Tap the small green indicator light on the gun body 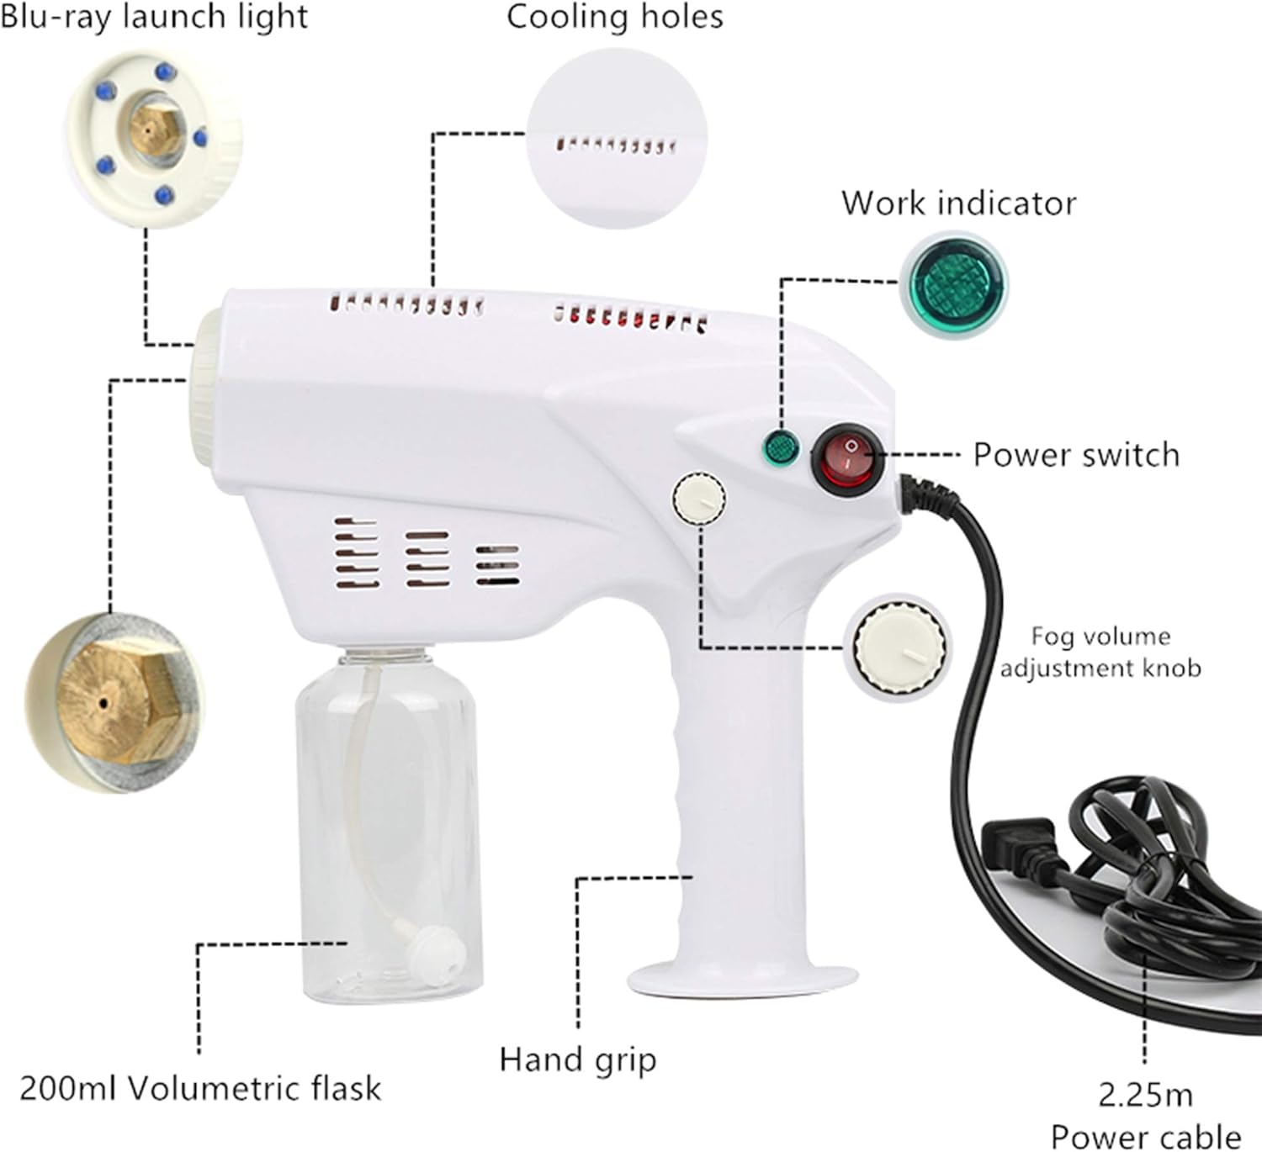[780, 447]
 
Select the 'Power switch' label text [1076, 455]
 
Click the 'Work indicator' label [958, 203]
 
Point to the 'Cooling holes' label [614, 18]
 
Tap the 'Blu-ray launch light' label [154, 17]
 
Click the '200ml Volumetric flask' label [200, 1088]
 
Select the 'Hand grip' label [577, 1060]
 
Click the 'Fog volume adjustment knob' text [1100, 652]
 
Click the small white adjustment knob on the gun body [699, 498]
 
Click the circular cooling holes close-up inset [617, 143]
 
